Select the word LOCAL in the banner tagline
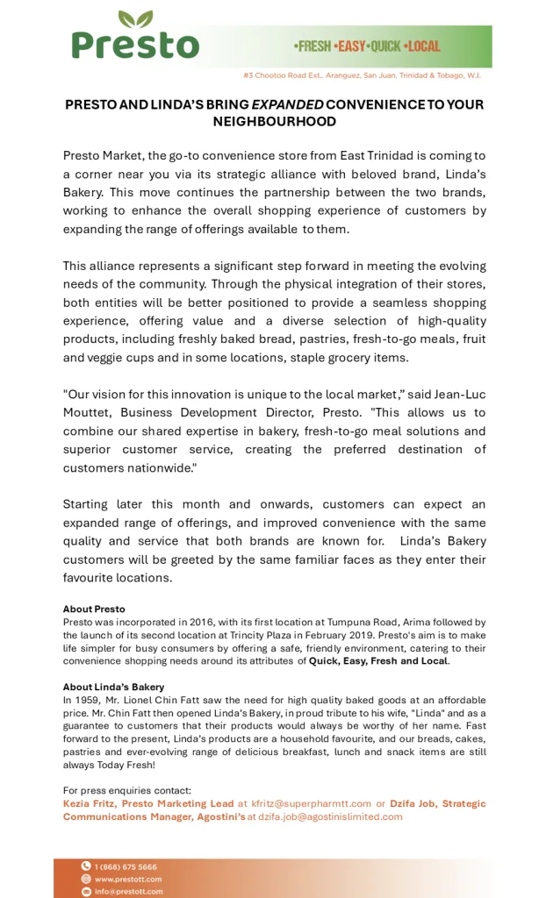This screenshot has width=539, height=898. pyautogui.click(x=422, y=46)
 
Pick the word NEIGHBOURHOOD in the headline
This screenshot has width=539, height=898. pyautogui.click(x=274, y=121)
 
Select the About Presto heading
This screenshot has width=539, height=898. pyautogui.click(x=94, y=609)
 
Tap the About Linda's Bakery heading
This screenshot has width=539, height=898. pyautogui.click(x=113, y=687)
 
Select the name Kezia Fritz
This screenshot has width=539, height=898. pyautogui.click(x=89, y=803)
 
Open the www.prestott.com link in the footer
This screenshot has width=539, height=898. pyautogui.click(x=128, y=879)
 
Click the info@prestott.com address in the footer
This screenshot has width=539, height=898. pyautogui.click(x=128, y=891)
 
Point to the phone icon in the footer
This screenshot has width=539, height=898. pyautogui.click(x=86, y=866)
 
